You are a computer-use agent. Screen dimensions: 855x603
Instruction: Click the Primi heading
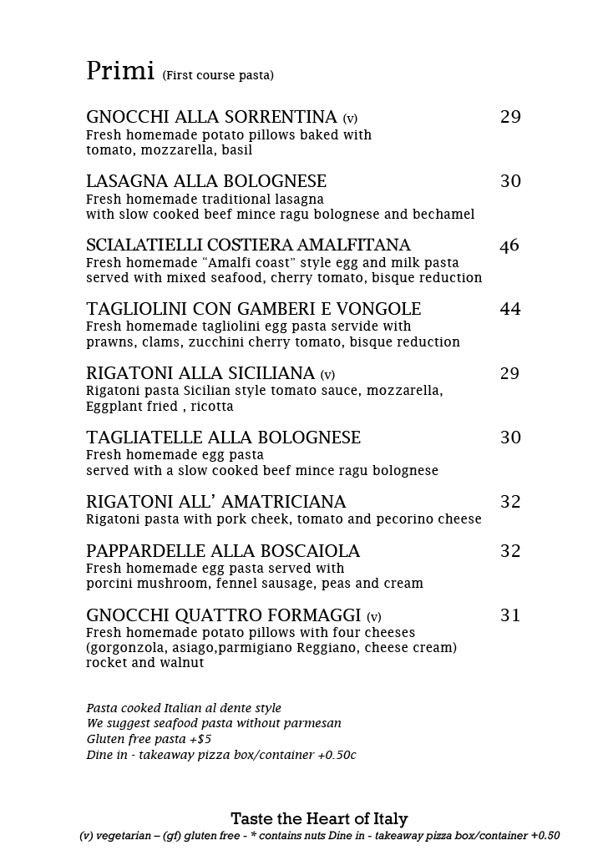coord(120,72)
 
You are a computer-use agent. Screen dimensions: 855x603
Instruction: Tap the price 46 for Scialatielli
coord(509,245)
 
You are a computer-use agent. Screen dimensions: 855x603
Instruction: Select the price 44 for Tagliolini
coord(510,310)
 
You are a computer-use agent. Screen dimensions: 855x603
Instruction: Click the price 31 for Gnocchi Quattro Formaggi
coord(510,616)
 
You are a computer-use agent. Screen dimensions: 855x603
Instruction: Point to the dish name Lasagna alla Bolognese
coord(206,182)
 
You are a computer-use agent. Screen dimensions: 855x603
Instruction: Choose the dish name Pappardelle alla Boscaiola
coord(223,551)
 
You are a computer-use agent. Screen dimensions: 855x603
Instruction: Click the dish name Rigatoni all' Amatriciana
coord(215,502)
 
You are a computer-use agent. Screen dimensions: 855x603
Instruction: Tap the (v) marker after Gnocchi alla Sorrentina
coord(350,119)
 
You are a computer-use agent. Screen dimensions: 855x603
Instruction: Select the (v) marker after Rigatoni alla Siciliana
coord(327,376)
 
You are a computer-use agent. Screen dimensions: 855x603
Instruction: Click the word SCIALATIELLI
coord(144,245)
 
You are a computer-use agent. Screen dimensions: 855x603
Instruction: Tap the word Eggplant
coord(114,407)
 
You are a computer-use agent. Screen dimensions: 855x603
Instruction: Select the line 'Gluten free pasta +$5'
coord(149,739)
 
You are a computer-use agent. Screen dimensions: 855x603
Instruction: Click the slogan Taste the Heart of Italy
coord(319,819)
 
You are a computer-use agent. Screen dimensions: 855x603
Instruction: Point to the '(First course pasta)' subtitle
coord(218,76)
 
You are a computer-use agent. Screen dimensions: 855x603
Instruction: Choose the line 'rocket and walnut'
coord(144,663)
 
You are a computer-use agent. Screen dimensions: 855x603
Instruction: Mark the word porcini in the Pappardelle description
coord(111,584)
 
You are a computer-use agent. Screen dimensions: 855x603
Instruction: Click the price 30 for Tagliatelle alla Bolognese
coord(510,438)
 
